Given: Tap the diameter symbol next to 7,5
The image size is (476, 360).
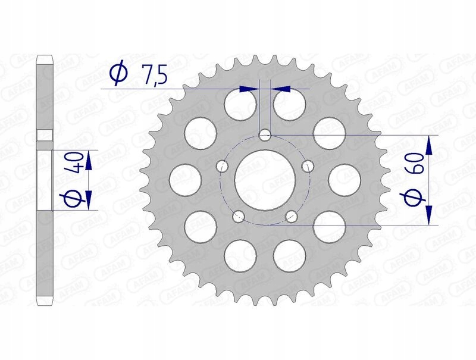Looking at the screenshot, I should pyautogui.click(x=118, y=74).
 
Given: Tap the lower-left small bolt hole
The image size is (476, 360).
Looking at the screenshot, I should pyautogui.click(x=239, y=217).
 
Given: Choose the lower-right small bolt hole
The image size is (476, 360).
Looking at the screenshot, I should pyautogui.click(x=292, y=217).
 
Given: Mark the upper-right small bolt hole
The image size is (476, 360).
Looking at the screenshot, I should pyautogui.click(x=308, y=167).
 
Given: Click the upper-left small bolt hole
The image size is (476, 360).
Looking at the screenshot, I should pyautogui.click(x=223, y=167).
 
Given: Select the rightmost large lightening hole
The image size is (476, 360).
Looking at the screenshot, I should pyautogui.click(x=343, y=179).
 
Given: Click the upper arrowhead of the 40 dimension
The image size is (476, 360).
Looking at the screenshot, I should pyautogui.click(x=88, y=157).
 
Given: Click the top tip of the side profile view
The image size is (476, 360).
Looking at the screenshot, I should pyautogui.click(x=43, y=57).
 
